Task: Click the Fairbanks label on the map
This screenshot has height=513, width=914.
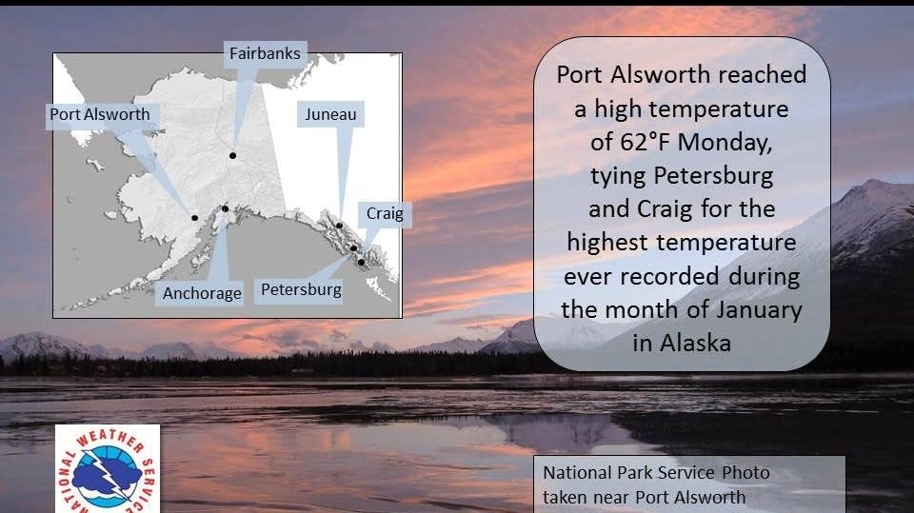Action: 265,53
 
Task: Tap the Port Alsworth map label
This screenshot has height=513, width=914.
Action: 100,114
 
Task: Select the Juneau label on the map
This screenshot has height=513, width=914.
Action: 330,114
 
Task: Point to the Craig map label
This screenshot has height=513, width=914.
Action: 385,213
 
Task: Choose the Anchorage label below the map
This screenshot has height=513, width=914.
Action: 202,293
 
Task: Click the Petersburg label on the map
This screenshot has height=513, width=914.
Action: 301,289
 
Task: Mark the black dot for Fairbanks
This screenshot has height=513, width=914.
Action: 232,156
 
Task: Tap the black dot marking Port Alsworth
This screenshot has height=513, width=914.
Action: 194,218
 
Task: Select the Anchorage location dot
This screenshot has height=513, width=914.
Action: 225,208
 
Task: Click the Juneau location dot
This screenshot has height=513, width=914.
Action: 339,226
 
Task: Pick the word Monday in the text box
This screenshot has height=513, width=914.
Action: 725,143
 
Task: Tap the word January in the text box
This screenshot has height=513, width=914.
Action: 759,310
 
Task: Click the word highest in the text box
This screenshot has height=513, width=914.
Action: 607,243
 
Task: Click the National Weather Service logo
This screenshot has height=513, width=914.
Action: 108,469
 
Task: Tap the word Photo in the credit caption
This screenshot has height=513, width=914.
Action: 745,473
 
